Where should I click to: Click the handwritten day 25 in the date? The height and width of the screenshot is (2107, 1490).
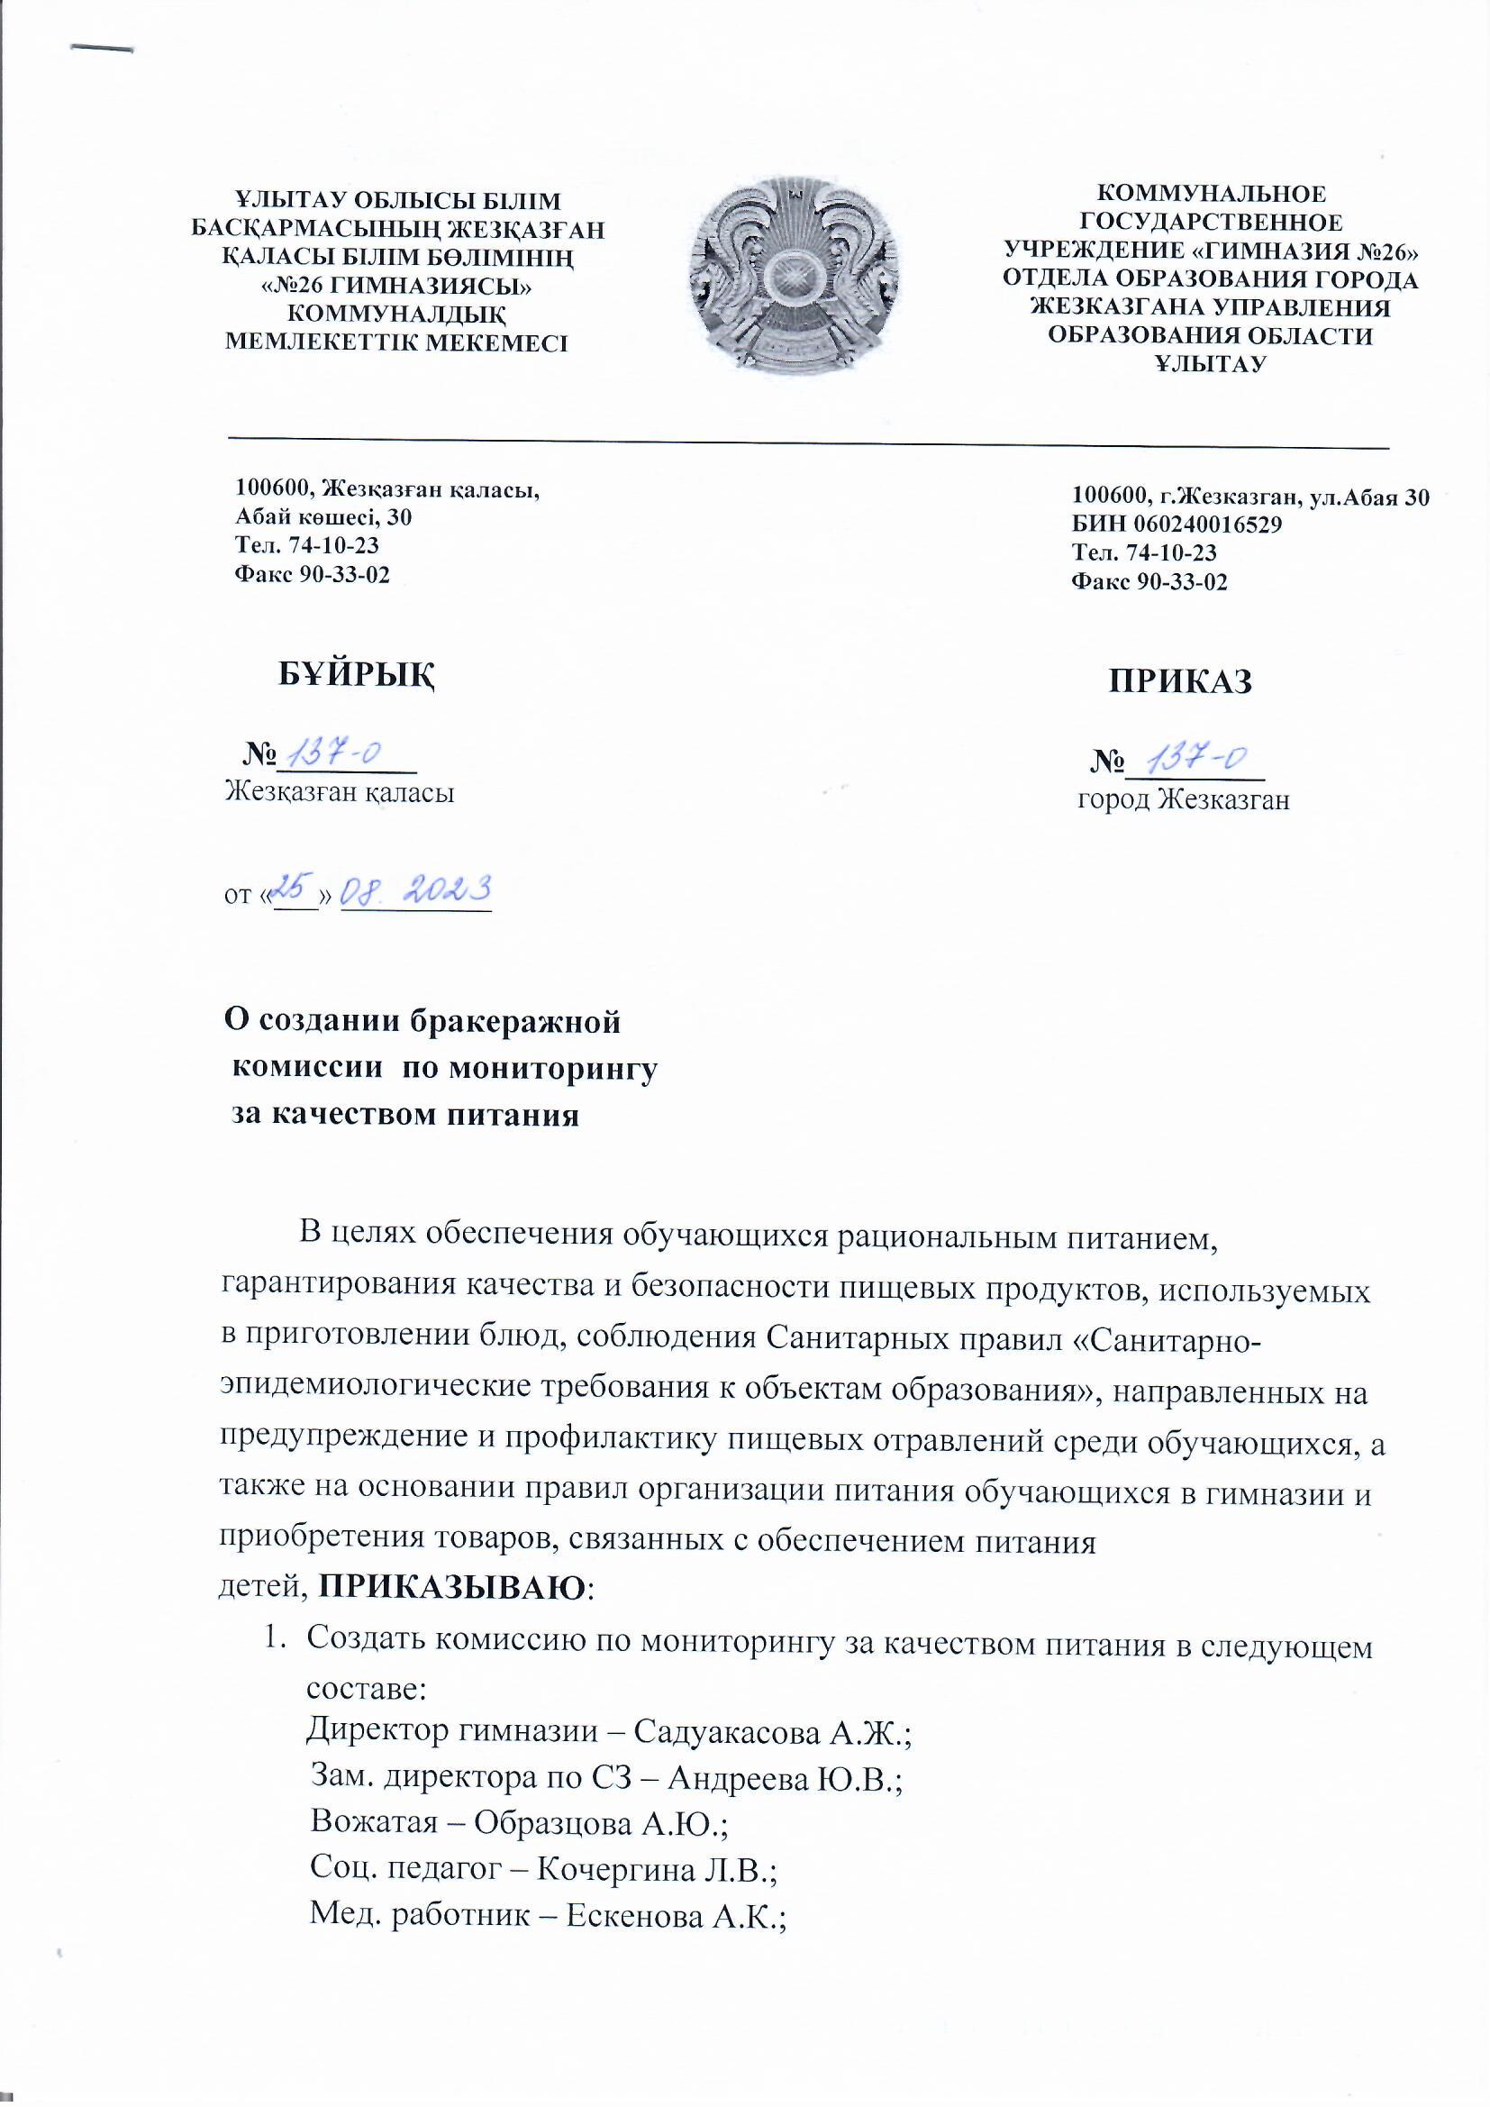(x=295, y=889)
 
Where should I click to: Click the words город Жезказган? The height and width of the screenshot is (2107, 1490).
(x=1184, y=800)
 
